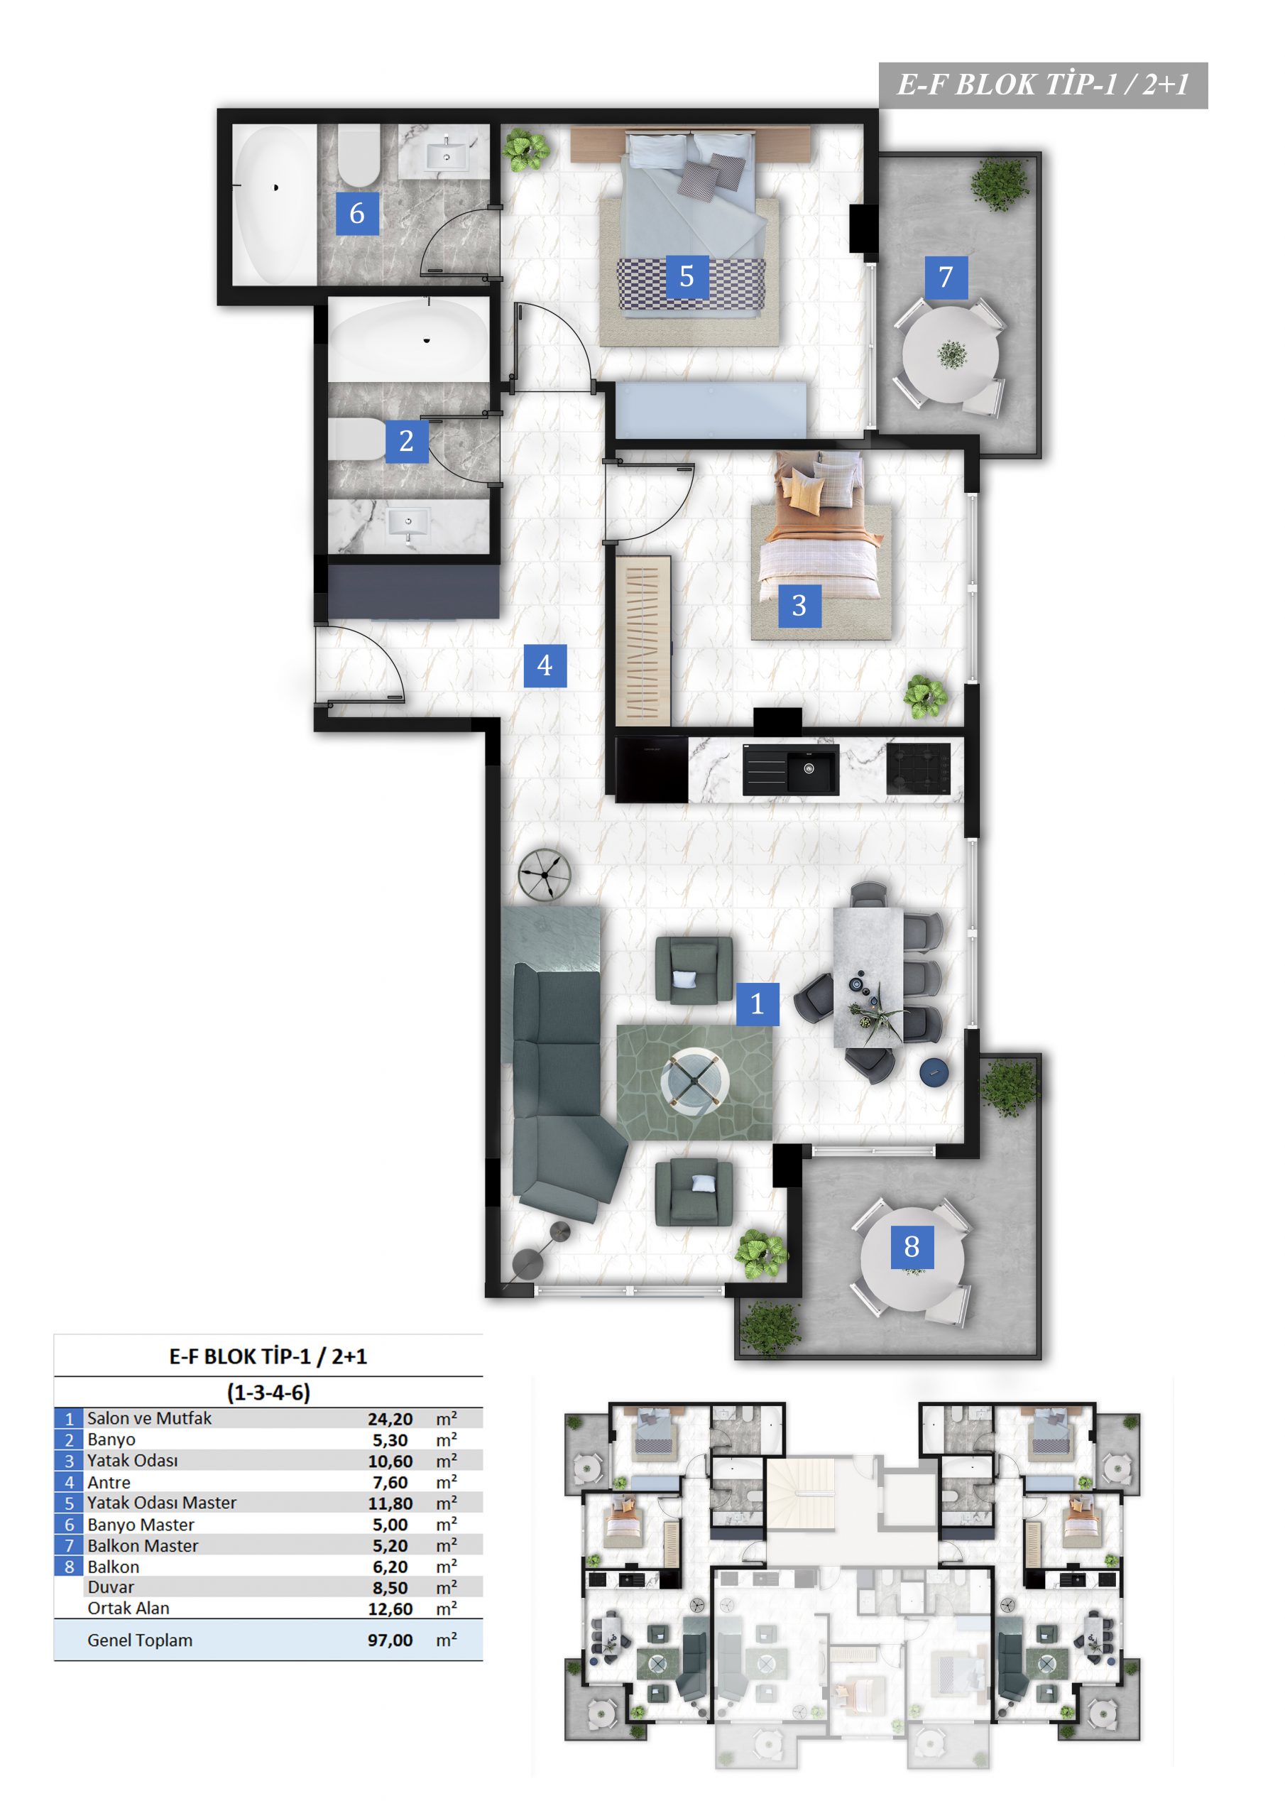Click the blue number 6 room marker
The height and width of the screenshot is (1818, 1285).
(x=356, y=213)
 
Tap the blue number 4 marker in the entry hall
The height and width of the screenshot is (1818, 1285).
(x=545, y=665)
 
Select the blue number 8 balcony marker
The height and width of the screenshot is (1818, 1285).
(x=912, y=1247)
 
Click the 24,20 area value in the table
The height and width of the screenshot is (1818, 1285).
(x=390, y=1419)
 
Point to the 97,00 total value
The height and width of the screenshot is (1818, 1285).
(x=390, y=1640)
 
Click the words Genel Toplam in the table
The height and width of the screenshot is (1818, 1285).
(x=140, y=1640)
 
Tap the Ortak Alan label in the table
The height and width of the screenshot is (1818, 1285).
(x=128, y=1609)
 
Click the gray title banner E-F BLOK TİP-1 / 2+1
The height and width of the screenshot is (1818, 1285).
(x=1043, y=85)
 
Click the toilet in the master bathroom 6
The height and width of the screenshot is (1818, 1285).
(x=359, y=156)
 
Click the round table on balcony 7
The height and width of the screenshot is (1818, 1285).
(x=950, y=355)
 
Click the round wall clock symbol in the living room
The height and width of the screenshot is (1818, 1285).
(x=545, y=874)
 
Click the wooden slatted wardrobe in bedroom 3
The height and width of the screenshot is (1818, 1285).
(x=643, y=641)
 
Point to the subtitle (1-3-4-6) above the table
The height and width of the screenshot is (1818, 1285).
(x=268, y=1392)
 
